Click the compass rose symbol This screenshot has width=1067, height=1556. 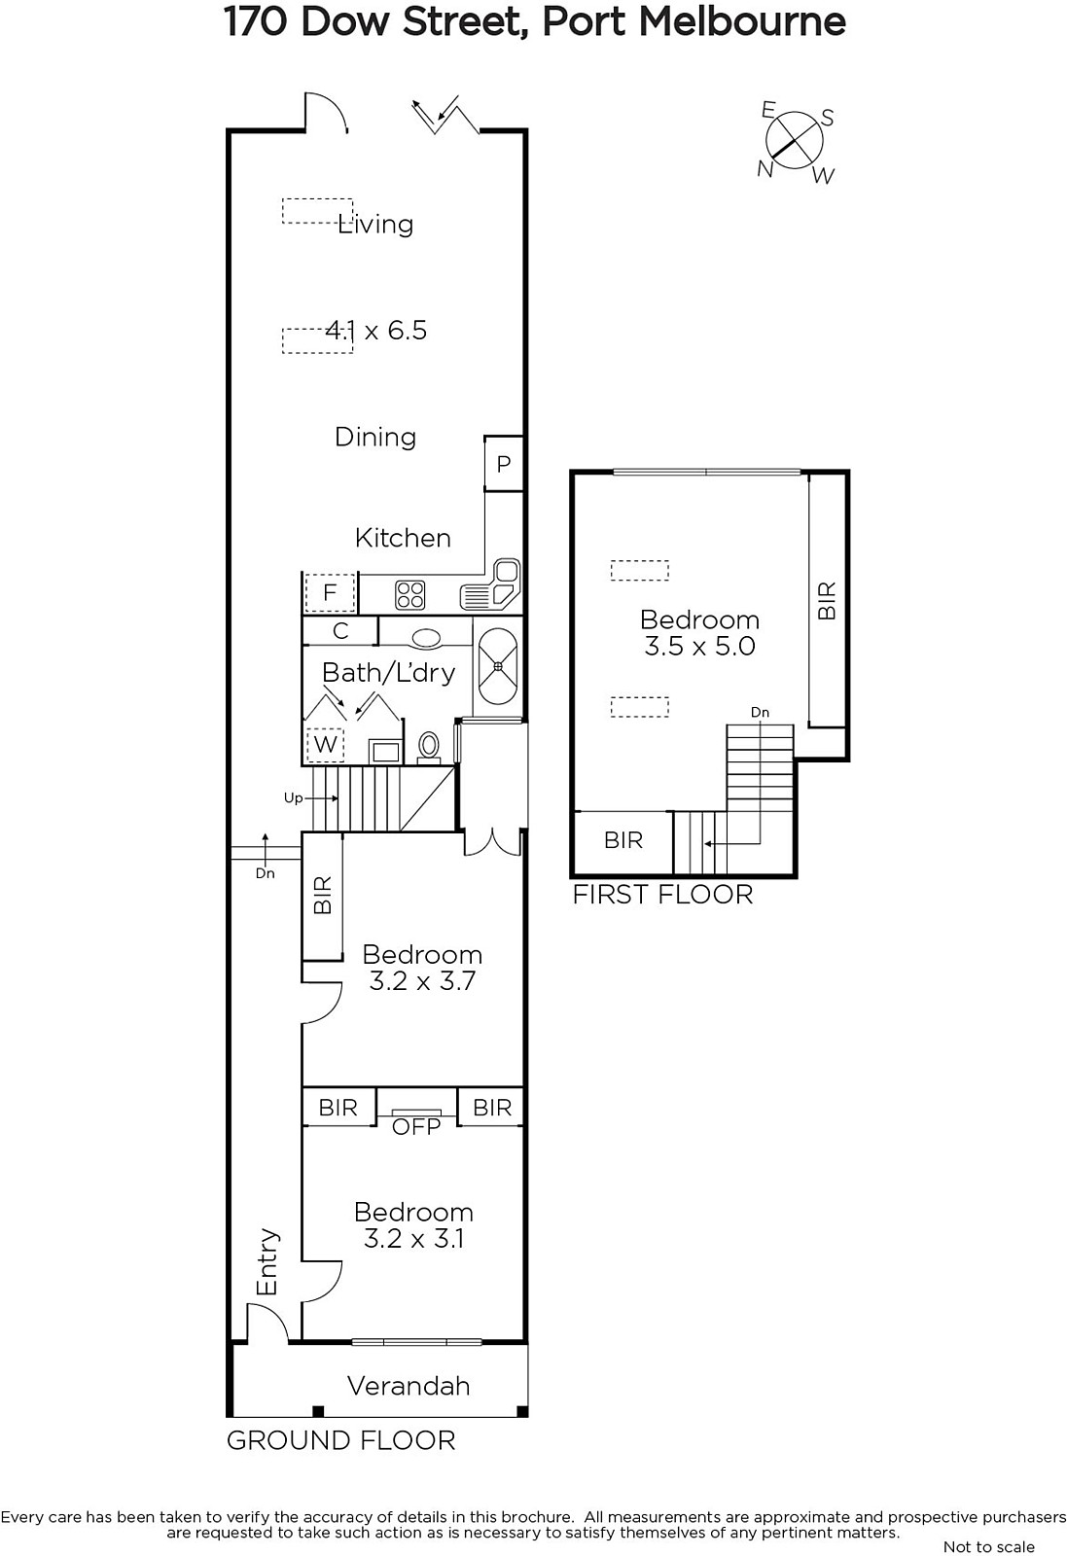pos(794,142)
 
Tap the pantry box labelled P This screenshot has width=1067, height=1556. pos(504,463)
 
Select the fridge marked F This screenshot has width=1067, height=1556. pos(330,592)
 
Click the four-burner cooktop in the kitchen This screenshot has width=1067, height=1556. pos(409,594)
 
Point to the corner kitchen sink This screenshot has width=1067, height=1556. pos(490,584)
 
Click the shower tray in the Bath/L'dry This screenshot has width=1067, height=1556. pos(497,666)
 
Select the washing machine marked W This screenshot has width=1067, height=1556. pos(325,744)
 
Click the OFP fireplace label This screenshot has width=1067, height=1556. pos(416,1127)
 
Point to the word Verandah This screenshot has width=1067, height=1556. pos(409,1386)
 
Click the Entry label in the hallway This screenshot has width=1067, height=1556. pos(267,1262)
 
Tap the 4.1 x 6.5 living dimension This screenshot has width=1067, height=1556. pos(375,330)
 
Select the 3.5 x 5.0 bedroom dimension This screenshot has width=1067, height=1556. pos(699,646)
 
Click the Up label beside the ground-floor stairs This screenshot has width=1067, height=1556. pos(293,798)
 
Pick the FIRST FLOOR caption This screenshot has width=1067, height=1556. pos(662,895)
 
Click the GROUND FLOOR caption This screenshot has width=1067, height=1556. pos(341,1440)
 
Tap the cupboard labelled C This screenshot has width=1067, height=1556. pos(340,631)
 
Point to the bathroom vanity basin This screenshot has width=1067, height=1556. pos(426,638)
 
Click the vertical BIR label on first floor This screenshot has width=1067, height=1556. pos(827,601)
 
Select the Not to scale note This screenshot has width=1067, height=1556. pos(988,1546)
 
